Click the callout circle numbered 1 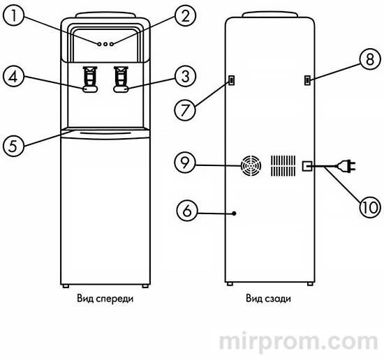14,15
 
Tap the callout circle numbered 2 186,15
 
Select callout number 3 186,76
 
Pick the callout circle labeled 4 14,76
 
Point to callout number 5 14,146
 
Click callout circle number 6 187,211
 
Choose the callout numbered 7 185,110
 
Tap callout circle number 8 370,59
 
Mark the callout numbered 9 185,163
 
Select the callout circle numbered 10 370,207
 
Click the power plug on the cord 347,166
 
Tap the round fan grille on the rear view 251,165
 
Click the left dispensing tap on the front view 90,80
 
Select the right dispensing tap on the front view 121,80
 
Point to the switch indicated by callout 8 307,80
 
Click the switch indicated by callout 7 231,80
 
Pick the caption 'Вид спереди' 105,299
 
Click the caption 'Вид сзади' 269,299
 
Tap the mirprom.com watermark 298,341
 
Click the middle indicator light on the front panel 105,44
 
